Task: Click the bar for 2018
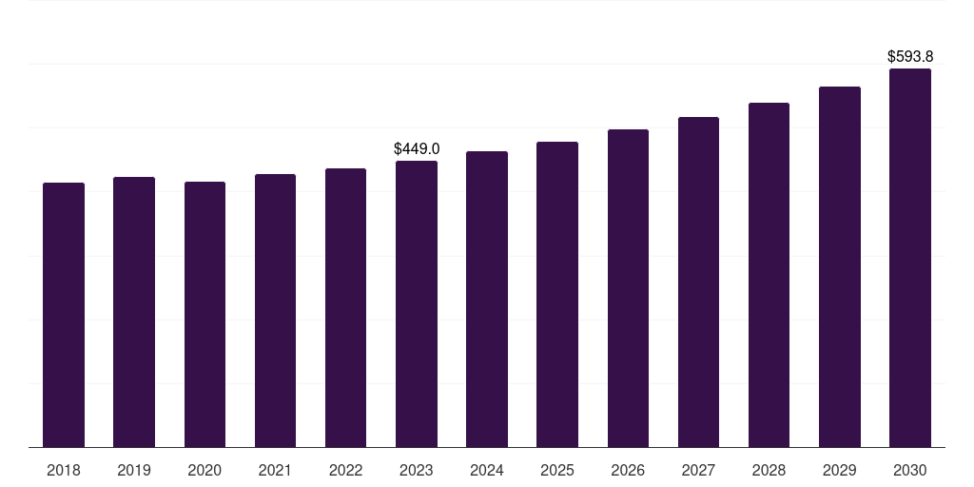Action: click(x=64, y=315)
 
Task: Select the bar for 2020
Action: click(x=205, y=314)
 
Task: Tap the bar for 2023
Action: click(x=417, y=303)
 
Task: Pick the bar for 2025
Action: click(x=557, y=294)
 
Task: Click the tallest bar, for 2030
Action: click(x=910, y=258)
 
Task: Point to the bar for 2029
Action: click(x=840, y=266)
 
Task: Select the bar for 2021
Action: click(x=275, y=310)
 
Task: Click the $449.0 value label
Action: click(x=417, y=149)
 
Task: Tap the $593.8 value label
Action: click(x=910, y=57)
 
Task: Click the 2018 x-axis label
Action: click(x=64, y=470)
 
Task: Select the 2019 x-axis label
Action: click(x=134, y=470)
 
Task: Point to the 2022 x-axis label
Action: click(x=345, y=470)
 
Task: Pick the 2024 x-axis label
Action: click(x=487, y=470)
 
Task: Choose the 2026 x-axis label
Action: click(x=628, y=470)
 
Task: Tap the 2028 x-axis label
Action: click(x=769, y=470)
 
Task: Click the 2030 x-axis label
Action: click(x=910, y=470)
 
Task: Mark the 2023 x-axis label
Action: click(x=417, y=470)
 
